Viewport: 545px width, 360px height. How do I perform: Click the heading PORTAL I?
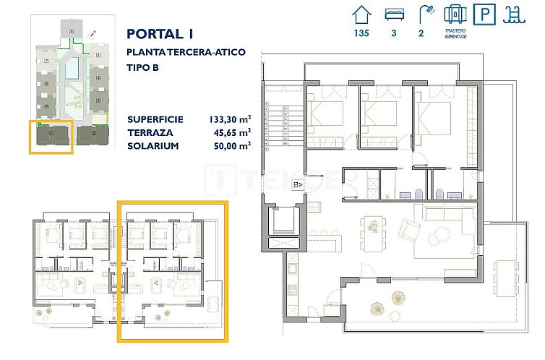pos(160,34)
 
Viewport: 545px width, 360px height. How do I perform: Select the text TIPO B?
pos(142,68)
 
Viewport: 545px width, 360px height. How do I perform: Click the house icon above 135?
pos(360,14)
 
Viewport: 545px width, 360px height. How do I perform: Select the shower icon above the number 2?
pos(424,14)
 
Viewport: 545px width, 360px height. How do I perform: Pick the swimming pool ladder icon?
pos(513,14)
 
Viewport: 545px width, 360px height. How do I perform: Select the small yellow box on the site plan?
pos(51,137)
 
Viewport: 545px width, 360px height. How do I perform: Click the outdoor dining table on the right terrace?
pos(504,276)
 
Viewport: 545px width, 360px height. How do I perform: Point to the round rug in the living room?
pos(437,236)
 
